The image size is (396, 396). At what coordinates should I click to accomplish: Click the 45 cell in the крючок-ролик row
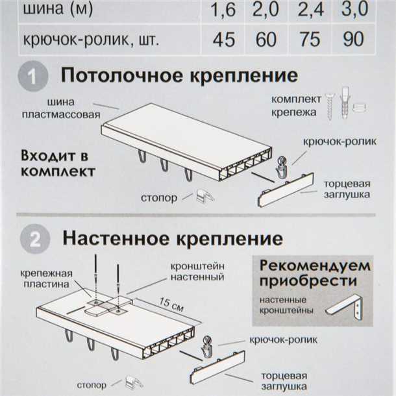[x=223, y=39]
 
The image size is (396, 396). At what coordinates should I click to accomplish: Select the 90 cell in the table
[x=353, y=39]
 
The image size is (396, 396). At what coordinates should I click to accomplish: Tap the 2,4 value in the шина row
[x=310, y=8]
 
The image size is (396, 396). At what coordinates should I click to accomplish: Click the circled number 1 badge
[x=32, y=77]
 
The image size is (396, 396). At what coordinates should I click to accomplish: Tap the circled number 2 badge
[x=32, y=240]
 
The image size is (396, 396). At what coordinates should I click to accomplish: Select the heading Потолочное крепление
[x=180, y=75]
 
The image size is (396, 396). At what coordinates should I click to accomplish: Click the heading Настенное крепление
[x=173, y=238]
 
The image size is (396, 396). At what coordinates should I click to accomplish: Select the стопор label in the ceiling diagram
[x=158, y=197]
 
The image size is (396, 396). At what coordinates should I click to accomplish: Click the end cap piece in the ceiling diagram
[x=286, y=190]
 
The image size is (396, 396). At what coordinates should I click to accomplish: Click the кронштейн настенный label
[x=197, y=271]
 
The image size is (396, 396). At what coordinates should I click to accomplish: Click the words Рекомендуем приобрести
[x=315, y=273]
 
